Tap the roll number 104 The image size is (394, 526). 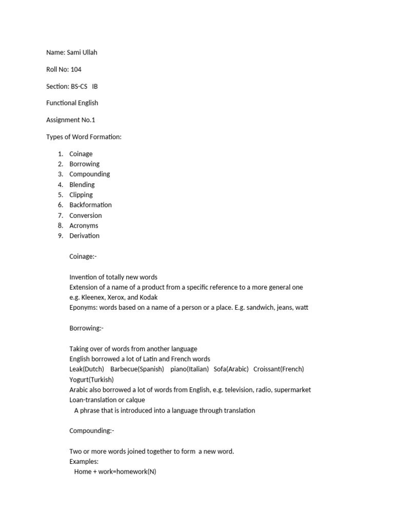pyautogui.click(x=76, y=69)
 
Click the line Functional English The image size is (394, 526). pyautogui.click(x=72, y=103)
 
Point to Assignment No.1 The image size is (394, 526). pyautogui.click(x=71, y=120)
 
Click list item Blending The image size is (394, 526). pyautogui.click(x=82, y=184)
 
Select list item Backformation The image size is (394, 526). pyautogui.click(x=90, y=204)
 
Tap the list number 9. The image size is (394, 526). pyautogui.click(x=60, y=236)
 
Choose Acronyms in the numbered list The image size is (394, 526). pyautogui.click(x=84, y=226)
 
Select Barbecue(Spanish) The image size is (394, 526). pyautogui.click(x=137, y=369)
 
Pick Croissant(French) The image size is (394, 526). pyautogui.click(x=279, y=369)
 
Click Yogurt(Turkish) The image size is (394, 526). pyautogui.click(x=91, y=380)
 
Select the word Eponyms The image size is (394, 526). pyautogui.click(x=83, y=308)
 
